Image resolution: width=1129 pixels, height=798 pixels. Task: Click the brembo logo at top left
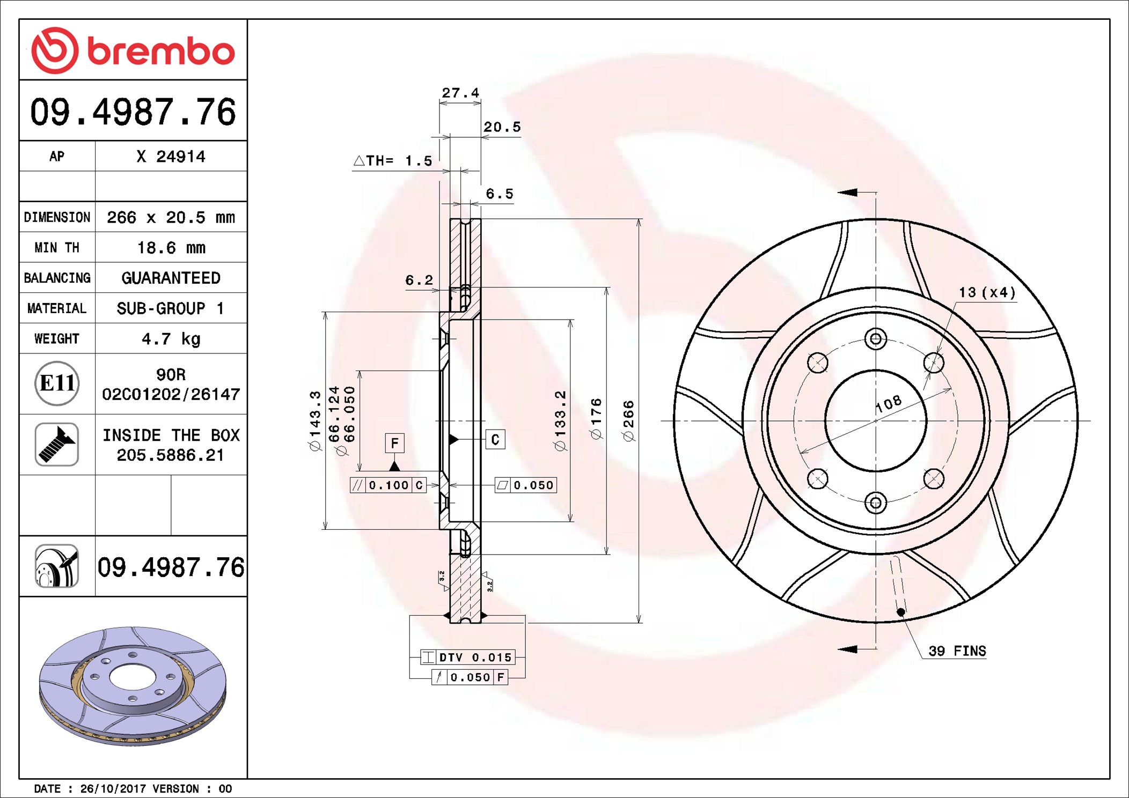(133, 50)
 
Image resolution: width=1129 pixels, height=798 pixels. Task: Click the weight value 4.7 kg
(171, 339)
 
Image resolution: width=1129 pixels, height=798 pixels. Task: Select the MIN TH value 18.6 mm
(171, 248)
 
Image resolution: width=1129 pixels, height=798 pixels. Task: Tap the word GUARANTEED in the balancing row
(171, 278)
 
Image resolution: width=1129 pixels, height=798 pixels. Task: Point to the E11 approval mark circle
(57, 383)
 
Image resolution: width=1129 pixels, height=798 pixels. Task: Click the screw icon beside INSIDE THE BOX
(57, 445)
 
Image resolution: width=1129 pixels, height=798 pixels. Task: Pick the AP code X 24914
(171, 157)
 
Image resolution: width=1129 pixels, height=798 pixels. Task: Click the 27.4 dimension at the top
(460, 93)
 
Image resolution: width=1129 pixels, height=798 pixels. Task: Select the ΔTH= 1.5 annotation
(393, 160)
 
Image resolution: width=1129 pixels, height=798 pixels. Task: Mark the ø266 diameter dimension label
(628, 421)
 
